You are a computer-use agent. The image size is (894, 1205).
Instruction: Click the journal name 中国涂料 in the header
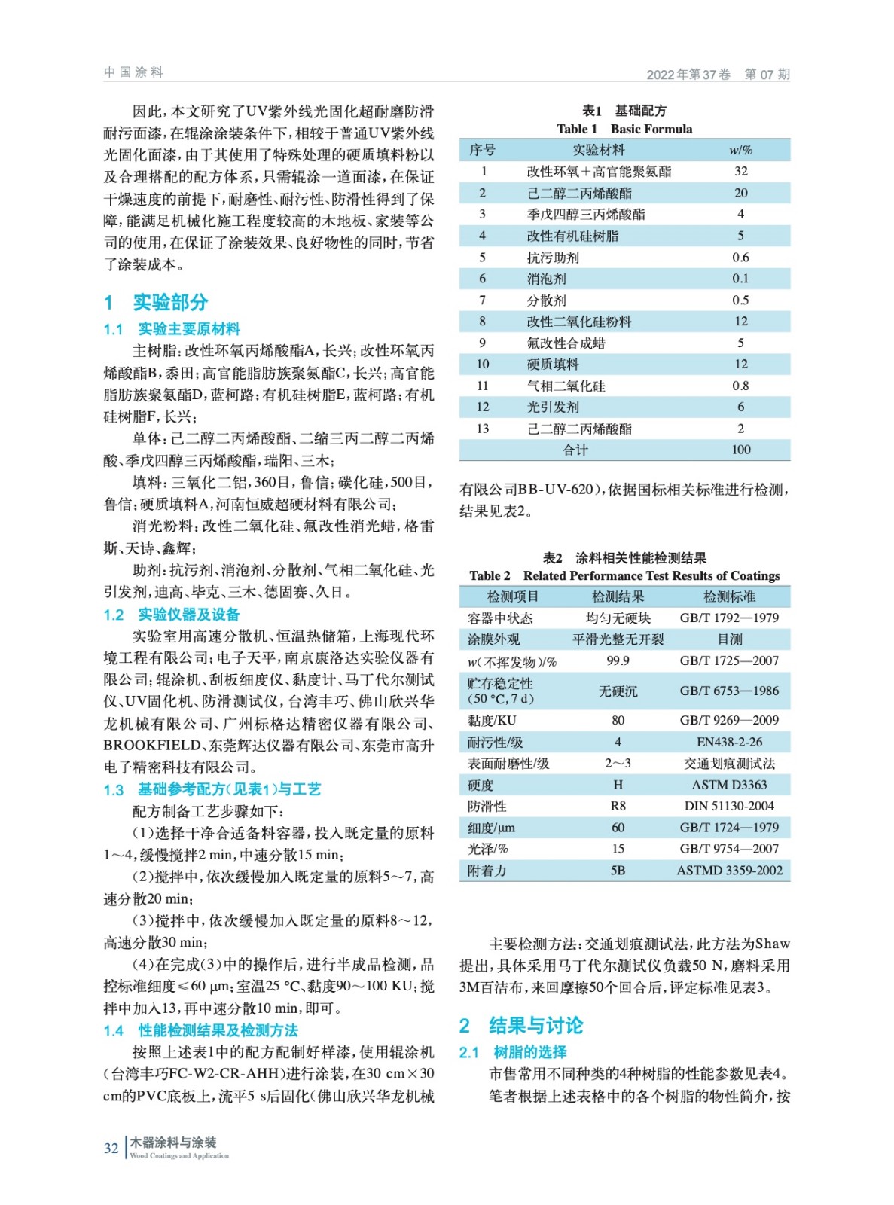pyautogui.click(x=133, y=72)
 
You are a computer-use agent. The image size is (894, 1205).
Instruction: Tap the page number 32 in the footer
pyautogui.click(x=111, y=1148)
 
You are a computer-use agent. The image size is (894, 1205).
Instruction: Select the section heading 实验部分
pyautogui.click(x=170, y=303)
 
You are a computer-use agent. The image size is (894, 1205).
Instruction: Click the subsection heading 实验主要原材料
pyautogui.click(x=188, y=329)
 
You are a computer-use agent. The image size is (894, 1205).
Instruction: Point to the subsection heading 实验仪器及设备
pyautogui.click(x=188, y=615)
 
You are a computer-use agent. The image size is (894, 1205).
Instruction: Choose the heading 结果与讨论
pyautogui.click(x=535, y=1026)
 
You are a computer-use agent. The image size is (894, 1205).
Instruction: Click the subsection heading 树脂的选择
pyautogui.click(x=529, y=1052)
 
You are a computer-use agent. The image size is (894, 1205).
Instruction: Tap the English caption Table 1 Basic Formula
pyautogui.click(x=624, y=129)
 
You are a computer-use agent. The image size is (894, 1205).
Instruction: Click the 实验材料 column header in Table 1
pyautogui.click(x=598, y=150)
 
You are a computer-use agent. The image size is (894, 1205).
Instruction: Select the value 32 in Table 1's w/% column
pyautogui.click(x=740, y=172)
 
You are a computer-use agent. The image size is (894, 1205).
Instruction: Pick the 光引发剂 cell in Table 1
pyautogui.click(x=553, y=407)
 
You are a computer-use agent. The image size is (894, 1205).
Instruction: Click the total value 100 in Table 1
pyautogui.click(x=740, y=450)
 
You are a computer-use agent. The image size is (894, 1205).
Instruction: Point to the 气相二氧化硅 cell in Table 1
pyautogui.click(x=566, y=386)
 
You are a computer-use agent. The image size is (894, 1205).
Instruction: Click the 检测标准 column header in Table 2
pyautogui.click(x=728, y=596)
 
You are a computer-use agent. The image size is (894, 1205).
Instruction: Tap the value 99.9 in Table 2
pyautogui.click(x=618, y=660)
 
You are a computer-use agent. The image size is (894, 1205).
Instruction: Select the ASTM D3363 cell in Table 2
pyautogui.click(x=728, y=785)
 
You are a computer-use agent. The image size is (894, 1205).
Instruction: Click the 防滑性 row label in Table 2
pyautogui.click(x=487, y=806)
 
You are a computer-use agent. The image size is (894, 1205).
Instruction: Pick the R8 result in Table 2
pyautogui.click(x=618, y=806)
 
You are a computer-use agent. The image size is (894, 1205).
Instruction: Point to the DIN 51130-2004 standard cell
pyautogui.click(x=728, y=806)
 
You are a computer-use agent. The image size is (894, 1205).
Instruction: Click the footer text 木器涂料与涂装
pyautogui.click(x=172, y=1142)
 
